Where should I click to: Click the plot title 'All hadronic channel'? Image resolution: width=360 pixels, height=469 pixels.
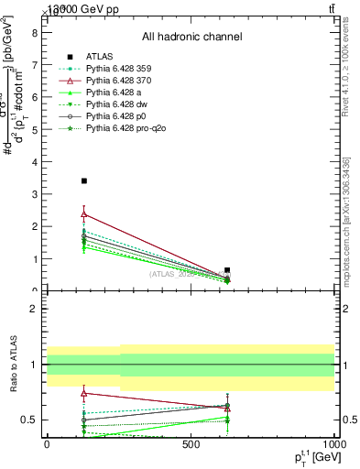191,37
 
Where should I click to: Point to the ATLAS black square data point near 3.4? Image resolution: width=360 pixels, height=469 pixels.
84,181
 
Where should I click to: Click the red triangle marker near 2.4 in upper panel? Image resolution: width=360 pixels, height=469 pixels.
84,214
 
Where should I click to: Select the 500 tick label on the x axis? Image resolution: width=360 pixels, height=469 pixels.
191,444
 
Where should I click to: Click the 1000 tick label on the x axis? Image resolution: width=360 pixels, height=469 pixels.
333,444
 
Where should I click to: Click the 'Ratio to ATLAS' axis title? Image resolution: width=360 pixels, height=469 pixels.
13,365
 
